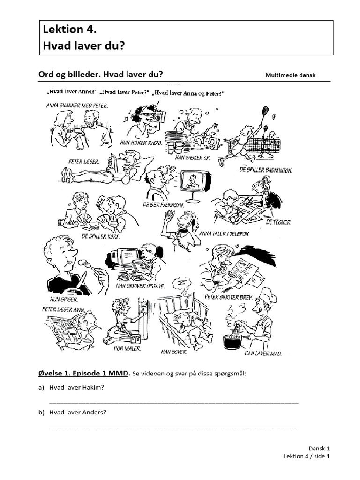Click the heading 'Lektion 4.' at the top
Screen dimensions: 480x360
tap(70, 30)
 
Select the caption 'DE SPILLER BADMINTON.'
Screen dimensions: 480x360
tap(266, 170)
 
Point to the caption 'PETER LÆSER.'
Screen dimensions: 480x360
tap(84, 161)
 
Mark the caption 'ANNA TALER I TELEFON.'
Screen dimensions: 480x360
tap(224, 233)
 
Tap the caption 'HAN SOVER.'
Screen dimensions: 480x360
tap(174, 351)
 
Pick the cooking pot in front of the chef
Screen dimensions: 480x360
tap(235, 341)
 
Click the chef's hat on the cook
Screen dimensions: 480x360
tap(268, 295)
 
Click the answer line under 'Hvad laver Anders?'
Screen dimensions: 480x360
tap(173, 427)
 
